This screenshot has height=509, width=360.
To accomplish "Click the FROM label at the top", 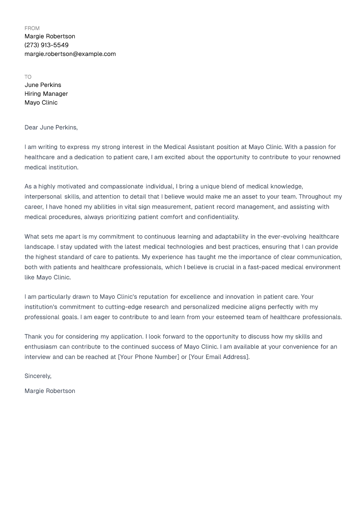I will [32, 28].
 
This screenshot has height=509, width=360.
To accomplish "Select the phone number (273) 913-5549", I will [46, 45].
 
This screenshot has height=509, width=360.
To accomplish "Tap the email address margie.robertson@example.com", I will [70, 54].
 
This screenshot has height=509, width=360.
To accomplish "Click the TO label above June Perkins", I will [28, 77].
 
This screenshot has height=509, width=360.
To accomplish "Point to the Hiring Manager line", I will [46, 94].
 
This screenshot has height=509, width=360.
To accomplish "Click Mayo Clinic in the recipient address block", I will [41, 103].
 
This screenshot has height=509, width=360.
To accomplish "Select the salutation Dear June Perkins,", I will [51, 128].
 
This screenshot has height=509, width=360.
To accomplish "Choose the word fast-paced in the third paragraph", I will [263, 267].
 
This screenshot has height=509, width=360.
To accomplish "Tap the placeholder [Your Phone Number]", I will [149, 357].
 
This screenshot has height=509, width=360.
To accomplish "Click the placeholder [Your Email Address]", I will [219, 357].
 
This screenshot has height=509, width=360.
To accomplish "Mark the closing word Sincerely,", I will [38, 376].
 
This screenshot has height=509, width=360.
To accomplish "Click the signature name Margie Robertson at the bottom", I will [50, 391].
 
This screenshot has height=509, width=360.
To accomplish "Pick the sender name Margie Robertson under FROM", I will [50, 36].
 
